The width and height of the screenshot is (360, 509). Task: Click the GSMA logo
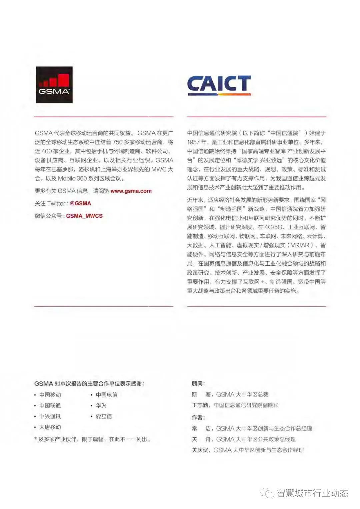[x=54, y=85]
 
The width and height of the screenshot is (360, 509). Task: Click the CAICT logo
[x=219, y=85]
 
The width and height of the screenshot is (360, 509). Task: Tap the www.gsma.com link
[x=131, y=191]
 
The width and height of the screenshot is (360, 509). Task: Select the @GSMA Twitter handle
[x=80, y=203]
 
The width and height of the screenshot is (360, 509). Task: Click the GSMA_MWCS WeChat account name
[x=84, y=216]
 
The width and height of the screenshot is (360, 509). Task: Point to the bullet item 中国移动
[x=50, y=395]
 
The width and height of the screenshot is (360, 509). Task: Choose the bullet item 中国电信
[x=106, y=395]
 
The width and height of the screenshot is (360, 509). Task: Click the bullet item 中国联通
[x=50, y=405]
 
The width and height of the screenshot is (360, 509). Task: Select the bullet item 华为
[x=101, y=405]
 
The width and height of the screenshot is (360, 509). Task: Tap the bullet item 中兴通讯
[x=50, y=416]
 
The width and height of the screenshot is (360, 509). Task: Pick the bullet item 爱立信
[x=104, y=416]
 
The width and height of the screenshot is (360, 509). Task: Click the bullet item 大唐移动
[x=50, y=427]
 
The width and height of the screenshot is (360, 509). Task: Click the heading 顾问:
[x=198, y=384]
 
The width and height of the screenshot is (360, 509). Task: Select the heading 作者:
[x=198, y=418]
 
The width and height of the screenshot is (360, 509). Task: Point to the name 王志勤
[x=200, y=405]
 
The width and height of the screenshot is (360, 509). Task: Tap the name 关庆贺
[x=200, y=450]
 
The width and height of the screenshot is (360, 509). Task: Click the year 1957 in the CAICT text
[x=193, y=142]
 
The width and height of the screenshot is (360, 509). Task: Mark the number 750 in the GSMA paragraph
[x=118, y=142]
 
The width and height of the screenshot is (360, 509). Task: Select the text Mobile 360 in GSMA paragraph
[x=72, y=178]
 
